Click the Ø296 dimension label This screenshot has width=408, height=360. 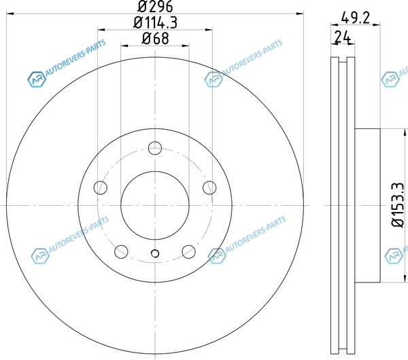tap(155, 6)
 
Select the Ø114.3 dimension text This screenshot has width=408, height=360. tap(155, 22)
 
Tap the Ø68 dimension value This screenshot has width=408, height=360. tap(155, 39)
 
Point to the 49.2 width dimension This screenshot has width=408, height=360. tap(356, 18)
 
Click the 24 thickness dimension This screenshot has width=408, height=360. tap(343, 37)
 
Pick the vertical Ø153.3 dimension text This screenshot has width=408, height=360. tap(398, 205)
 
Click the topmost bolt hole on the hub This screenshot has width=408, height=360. tap(155, 148)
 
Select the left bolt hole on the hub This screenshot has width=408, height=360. tap(100, 187)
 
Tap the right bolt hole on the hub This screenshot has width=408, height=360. tap(209, 187)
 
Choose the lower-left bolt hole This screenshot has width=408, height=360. tap(121, 251)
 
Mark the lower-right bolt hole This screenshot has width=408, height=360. tap(188, 251)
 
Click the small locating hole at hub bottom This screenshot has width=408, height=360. tap(155, 253)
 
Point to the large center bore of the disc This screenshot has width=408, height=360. tap(155, 205)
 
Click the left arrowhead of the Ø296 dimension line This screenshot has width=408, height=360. tap(10, 14)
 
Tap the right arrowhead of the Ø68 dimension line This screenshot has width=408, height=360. tap(186, 46)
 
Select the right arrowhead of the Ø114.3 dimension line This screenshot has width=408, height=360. tap(209, 30)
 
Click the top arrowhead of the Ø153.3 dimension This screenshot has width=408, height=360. tap(405, 132)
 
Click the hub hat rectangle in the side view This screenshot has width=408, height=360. tap(368, 205)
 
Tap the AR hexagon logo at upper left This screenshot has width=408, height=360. tap(37, 79)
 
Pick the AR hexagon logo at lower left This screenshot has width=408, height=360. tap(40, 255)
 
